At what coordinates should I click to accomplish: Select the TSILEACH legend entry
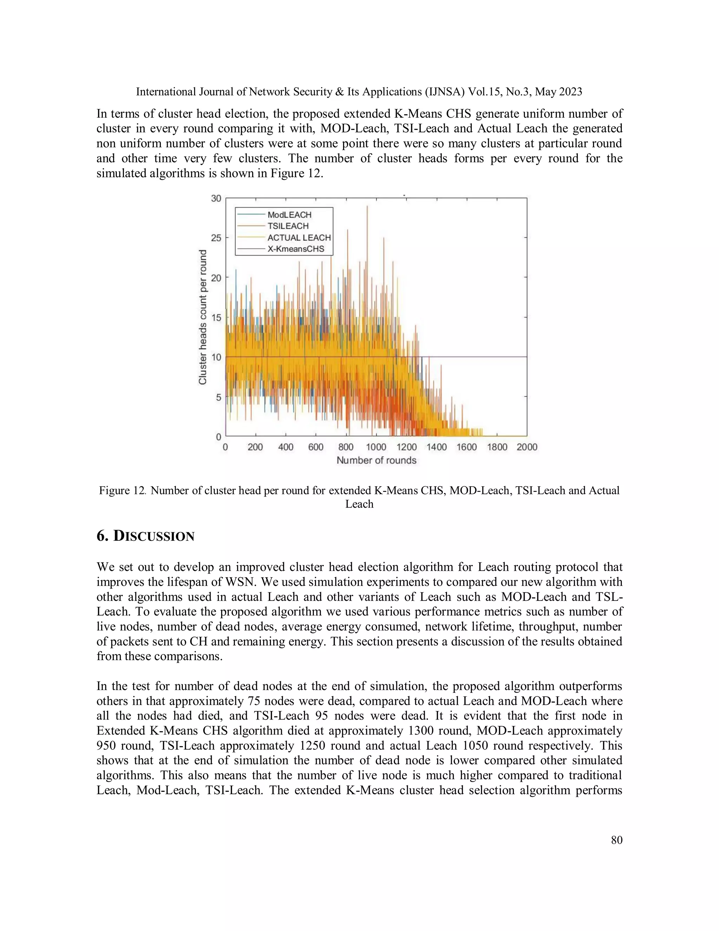(288, 226)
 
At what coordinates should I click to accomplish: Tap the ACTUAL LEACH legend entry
(299, 237)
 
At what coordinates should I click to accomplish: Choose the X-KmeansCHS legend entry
(296, 249)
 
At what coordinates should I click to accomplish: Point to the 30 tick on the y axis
(216, 198)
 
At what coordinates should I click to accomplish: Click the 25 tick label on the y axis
(216, 238)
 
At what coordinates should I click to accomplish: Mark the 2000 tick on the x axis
(527, 447)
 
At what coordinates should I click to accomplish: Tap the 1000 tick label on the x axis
(376, 447)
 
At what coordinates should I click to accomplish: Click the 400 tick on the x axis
(285, 447)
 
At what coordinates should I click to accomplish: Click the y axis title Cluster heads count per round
(203, 317)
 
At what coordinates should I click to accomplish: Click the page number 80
(616, 840)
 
